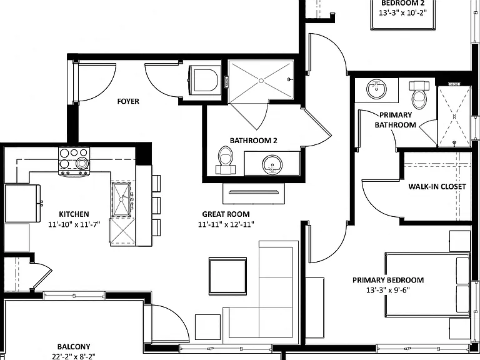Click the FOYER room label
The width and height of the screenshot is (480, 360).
click(128, 101)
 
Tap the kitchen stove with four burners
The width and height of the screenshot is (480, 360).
click(74, 162)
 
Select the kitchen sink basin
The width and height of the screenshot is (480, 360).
click(121, 199)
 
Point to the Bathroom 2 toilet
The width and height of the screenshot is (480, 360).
click(225, 160)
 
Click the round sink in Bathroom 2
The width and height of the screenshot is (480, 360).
click(272, 165)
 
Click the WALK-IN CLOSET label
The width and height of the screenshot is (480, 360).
click(437, 186)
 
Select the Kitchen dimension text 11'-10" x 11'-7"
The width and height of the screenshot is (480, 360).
click(74, 224)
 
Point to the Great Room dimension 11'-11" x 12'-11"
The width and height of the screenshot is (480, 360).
click(226, 224)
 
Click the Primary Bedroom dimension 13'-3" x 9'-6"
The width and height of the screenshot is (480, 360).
click(388, 290)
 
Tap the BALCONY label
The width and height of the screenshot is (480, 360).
click(74, 346)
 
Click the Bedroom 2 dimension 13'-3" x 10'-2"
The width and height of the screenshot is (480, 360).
click(402, 13)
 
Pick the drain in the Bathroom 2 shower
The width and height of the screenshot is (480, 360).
click(261, 81)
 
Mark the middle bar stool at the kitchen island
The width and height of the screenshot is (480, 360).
click(156, 206)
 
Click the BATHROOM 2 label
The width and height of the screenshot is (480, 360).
click(254, 141)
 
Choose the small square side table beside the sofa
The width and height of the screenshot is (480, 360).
click(207, 327)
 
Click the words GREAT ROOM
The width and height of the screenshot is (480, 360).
click(226, 214)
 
